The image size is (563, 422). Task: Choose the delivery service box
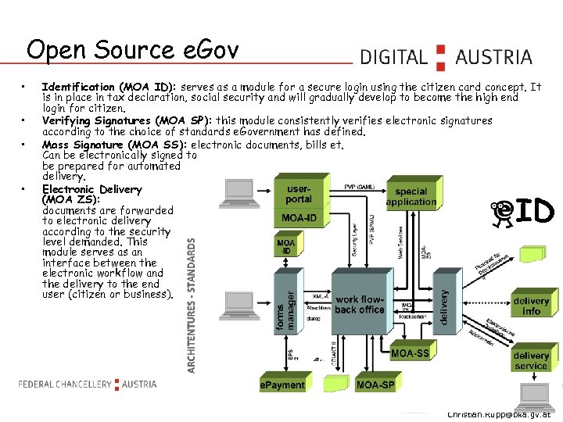[x=532, y=360]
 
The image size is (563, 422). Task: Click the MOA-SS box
[x=410, y=354]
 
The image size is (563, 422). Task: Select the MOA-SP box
[x=375, y=385]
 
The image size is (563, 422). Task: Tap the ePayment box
[x=282, y=385]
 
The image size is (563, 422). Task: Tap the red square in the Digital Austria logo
[x=440, y=57]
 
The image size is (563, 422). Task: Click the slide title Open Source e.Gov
[x=132, y=50]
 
